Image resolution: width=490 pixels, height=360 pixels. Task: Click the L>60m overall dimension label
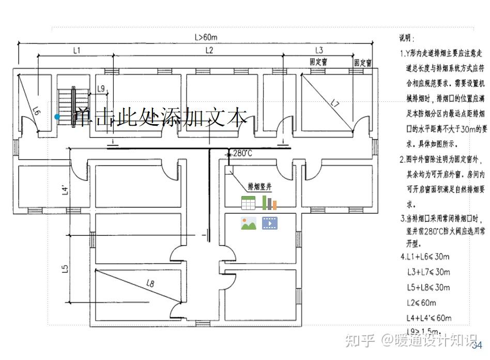[x=206, y=37]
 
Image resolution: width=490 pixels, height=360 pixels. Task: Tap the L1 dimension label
[x=77, y=50]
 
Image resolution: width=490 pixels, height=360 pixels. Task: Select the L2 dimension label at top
[x=209, y=50]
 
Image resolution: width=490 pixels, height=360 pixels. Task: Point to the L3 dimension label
[x=319, y=50]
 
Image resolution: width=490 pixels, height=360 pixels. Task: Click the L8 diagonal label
[x=150, y=283]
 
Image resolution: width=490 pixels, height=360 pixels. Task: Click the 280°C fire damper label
[x=242, y=154]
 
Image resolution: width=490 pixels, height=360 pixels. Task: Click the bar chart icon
[x=269, y=203]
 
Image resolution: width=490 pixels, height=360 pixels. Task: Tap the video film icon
[x=269, y=223]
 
